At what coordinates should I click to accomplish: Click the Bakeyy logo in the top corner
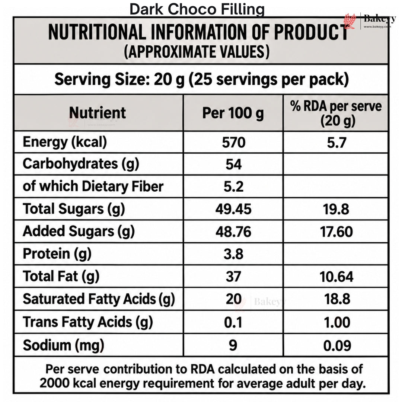tap(370, 21)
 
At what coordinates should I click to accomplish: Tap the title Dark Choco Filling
tap(197, 9)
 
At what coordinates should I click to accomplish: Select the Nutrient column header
tap(98, 112)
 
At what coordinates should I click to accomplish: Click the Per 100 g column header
tap(233, 113)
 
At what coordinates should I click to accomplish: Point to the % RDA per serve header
tap(336, 113)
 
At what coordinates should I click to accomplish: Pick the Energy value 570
tap(233, 143)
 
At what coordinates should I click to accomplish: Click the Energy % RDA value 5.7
tap(336, 143)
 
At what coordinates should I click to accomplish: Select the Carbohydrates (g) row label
tap(81, 164)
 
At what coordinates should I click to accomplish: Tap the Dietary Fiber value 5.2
tap(233, 186)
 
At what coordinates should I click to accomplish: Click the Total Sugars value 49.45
tap(233, 209)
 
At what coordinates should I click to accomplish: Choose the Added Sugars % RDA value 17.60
tap(336, 232)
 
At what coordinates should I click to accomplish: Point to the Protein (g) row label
tap(57, 254)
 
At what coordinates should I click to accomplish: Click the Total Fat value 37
tap(233, 277)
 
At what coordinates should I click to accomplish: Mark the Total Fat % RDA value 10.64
tap(336, 277)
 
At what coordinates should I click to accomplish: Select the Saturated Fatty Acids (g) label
tap(99, 299)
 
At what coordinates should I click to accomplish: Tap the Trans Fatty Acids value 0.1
tap(233, 322)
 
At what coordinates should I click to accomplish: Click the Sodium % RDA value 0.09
tap(337, 345)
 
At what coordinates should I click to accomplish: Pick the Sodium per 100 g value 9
tap(233, 345)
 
